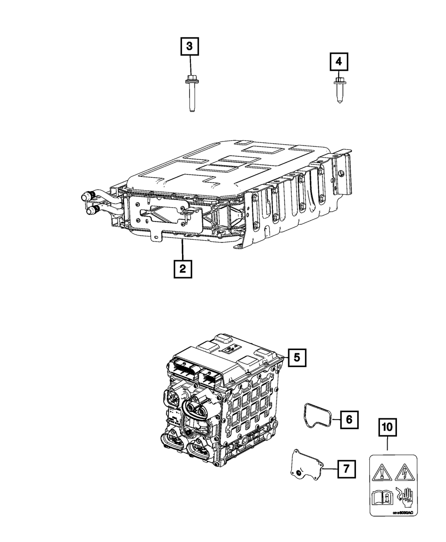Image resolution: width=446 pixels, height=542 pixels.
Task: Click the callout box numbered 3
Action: [190, 46]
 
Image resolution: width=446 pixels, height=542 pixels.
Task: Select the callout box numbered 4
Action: [339, 62]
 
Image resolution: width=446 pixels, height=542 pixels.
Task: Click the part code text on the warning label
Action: [404, 513]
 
